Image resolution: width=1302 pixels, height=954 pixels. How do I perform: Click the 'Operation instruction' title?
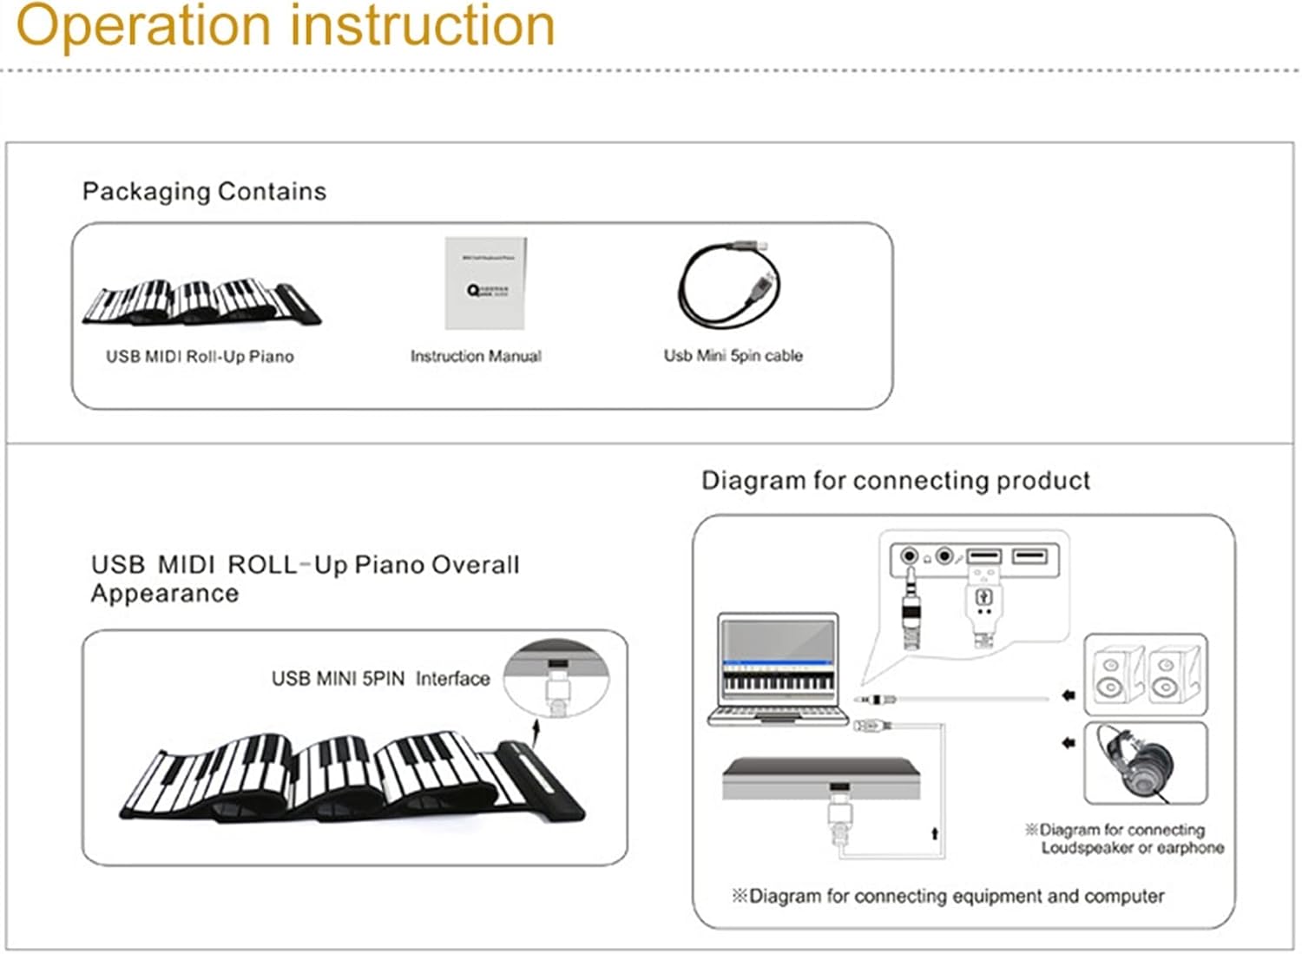tap(286, 26)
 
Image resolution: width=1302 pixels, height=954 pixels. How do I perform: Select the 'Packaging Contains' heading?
tap(204, 191)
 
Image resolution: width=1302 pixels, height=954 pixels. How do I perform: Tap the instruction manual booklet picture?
tap(485, 283)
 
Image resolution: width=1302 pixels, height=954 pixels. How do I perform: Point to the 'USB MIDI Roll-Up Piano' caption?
tap(200, 356)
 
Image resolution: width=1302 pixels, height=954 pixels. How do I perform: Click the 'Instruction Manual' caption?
tap(476, 356)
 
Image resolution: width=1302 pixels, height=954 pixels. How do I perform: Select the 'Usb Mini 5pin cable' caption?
tap(733, 355)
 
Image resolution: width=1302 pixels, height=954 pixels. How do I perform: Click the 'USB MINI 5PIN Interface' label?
tap(380, 678)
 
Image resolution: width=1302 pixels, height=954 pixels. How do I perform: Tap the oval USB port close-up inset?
tap(556, 678)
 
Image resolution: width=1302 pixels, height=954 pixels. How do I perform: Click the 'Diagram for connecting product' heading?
tap(895, 480)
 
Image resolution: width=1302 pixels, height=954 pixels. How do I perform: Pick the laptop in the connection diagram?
tap(779, 669)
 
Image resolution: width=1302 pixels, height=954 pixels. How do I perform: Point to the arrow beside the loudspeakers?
tap(1069, 695)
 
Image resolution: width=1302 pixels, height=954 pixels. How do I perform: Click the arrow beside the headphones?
tap(1069, 742)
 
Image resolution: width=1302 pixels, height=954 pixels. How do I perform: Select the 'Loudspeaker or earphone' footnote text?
tap(1132, 848)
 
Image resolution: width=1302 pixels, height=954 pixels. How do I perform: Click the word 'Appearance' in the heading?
tap(165, 594)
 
